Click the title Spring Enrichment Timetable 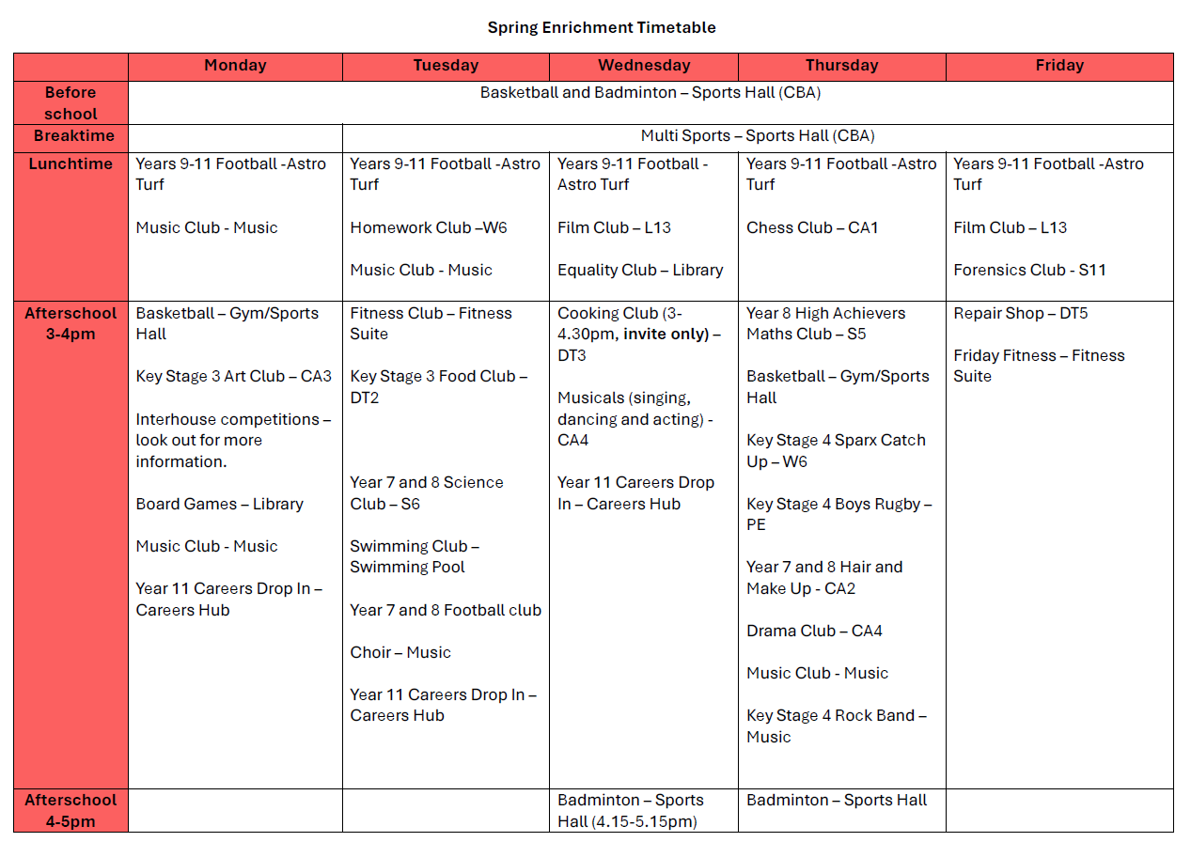[602, 27]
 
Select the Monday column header [235, 66]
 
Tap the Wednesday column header [644, 66]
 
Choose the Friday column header [1059, 66]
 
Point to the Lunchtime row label [71, 164]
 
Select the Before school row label [71, 102]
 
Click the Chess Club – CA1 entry [812, 227]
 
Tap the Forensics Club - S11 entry [1029, 270]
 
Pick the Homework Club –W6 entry [429, 227]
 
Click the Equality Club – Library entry [640, 270]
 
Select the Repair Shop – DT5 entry [1020, 313]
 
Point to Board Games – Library [219, 504]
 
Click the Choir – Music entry [400, 652]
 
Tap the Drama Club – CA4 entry [814, 631]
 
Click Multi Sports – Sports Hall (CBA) [758, 136]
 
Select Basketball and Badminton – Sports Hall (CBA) [650, 92]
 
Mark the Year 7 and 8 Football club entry [446, 610]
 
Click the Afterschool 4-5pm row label [71, 810]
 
